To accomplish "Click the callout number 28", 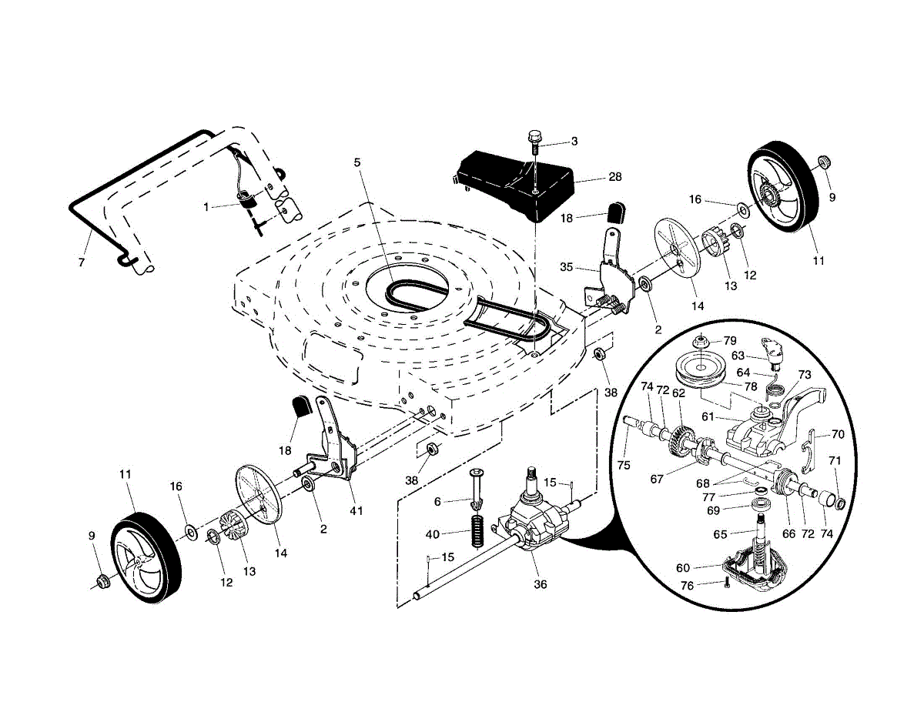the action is click(615, 176).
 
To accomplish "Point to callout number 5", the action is click(357, 162).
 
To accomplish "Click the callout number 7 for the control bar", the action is click(82, 262).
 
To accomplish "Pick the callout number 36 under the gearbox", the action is click(540, 584).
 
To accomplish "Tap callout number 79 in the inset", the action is click(730, 340).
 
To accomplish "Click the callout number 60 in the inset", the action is click(683, 567).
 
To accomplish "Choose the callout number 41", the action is click(356, 510).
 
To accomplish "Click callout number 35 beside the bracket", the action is click(567, 267).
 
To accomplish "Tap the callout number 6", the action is click(437, 502).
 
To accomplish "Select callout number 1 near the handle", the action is click(206, 207).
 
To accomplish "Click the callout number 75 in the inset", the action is click(624, 465).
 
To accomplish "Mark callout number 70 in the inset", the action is click(838, 434).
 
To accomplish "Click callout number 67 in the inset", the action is click(657, 479).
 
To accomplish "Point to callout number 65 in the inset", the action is click(720, 534).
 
